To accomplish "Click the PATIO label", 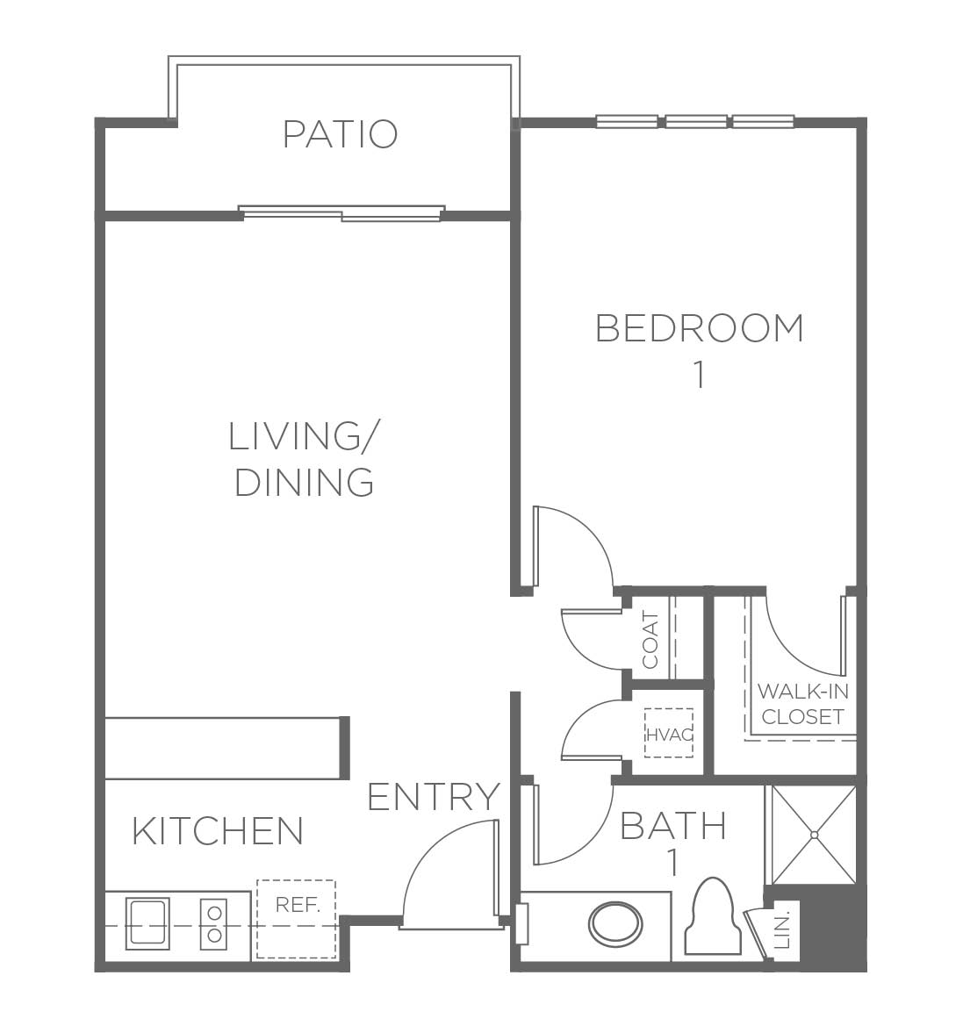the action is [340, 133].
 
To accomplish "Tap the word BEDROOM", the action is [700, 328].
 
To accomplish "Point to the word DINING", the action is [304, 482].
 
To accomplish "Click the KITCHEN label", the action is [219, 831].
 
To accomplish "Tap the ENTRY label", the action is [434, 797].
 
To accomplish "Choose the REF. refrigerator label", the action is [298, 905].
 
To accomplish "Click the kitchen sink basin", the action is [147, 923].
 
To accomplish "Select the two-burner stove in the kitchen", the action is [214, 923].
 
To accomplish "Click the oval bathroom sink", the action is [615, 923].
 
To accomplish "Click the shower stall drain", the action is [814, 835].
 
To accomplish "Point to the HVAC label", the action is [669, 734].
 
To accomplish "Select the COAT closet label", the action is [650, 641].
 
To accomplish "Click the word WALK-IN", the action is [803, 691].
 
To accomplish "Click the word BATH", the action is [673, 826].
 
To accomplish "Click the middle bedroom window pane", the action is [695, 121].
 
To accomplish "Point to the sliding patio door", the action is [341, 212].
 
